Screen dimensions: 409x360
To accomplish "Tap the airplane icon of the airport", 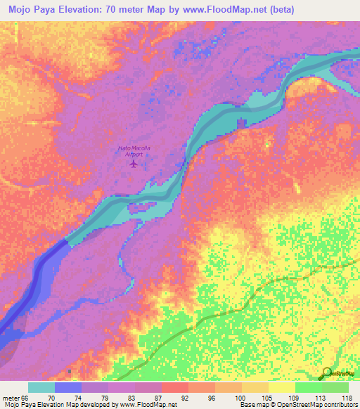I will (x=134, y=164).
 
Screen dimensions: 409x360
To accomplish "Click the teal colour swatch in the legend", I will (x=41, y=387).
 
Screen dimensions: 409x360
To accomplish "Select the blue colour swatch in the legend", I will (x=68, y=387).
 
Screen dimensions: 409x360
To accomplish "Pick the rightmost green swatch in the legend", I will (x=335, y=387).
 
